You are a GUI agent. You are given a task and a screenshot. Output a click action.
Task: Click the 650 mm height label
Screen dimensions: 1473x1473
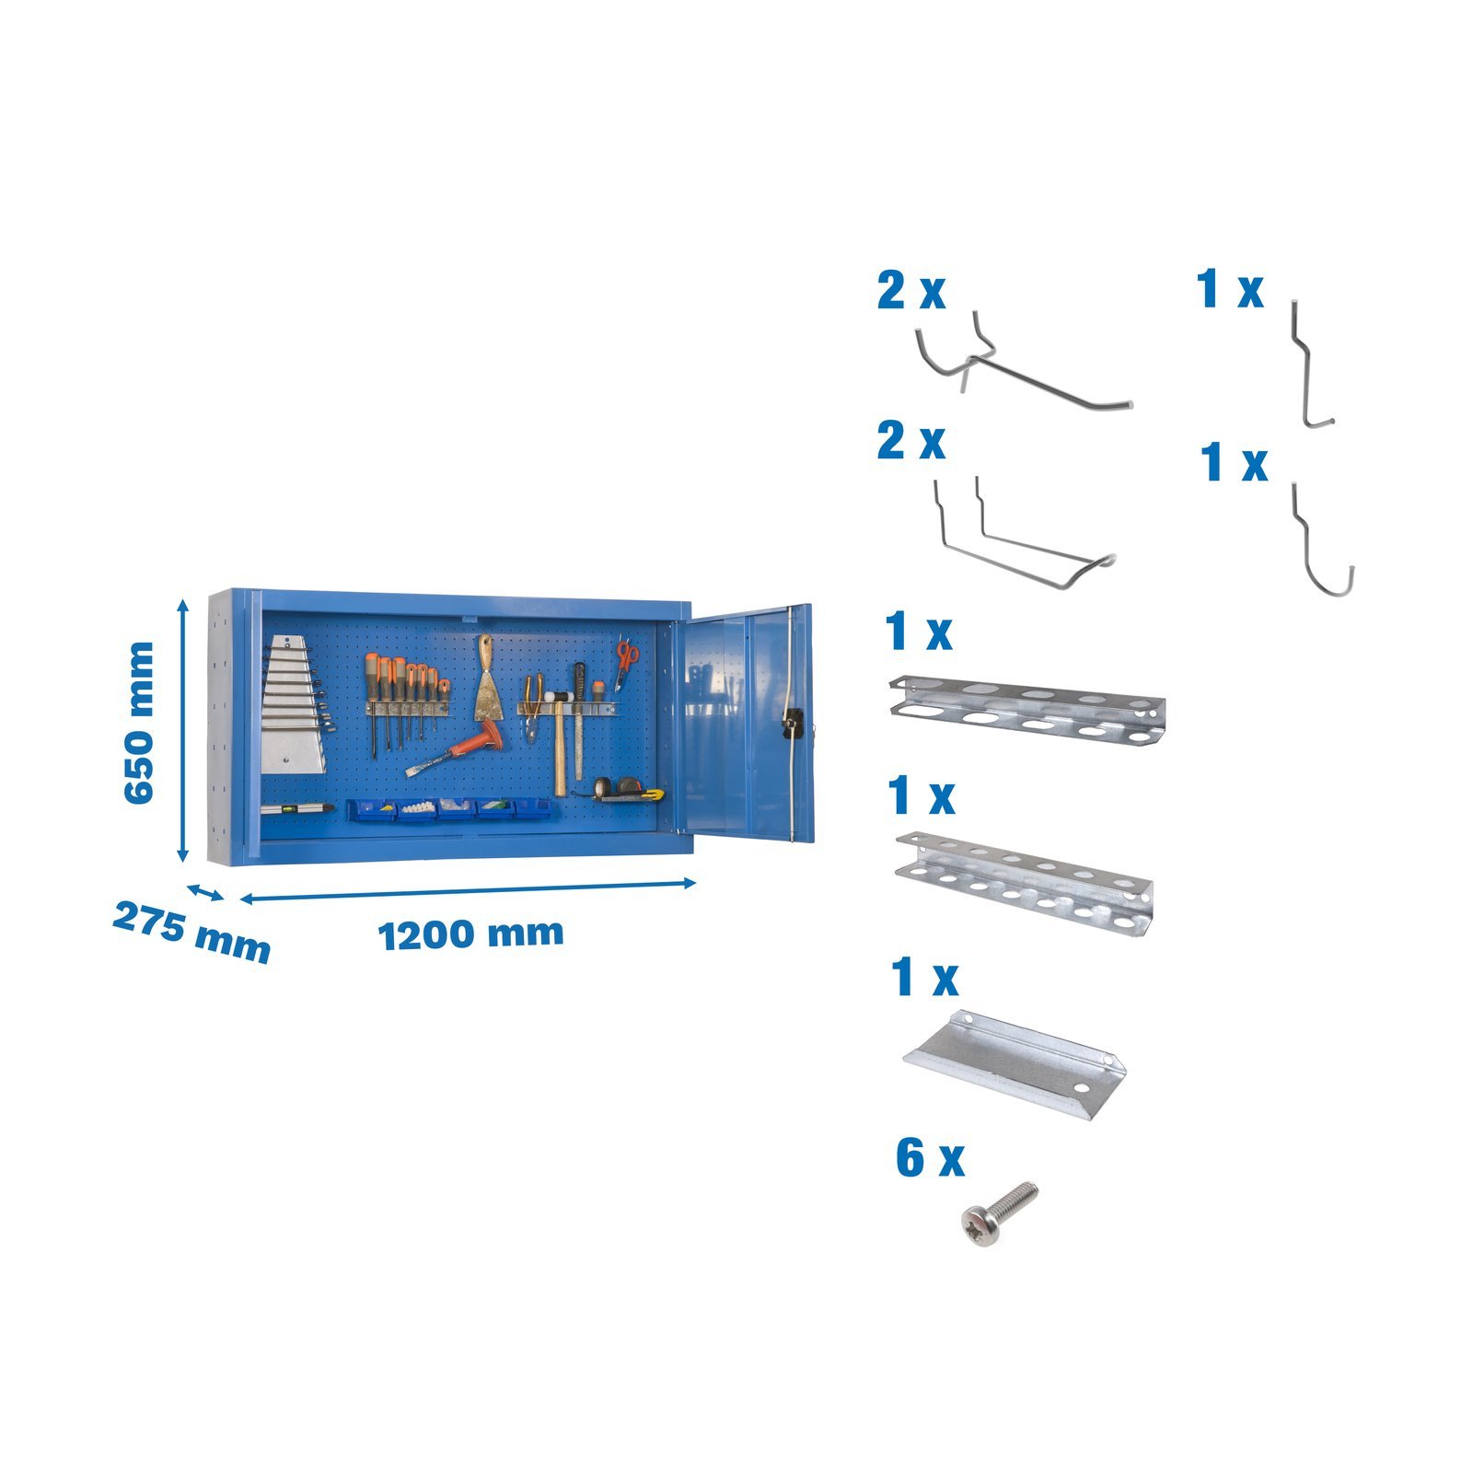pyautogui.click(x=139, y=723)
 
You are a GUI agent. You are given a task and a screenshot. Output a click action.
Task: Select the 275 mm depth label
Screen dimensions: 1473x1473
pyautogui.click(x=191, y=932)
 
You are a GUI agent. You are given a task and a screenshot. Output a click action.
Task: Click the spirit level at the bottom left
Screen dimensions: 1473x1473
pyautogui.click(x=296, y=808)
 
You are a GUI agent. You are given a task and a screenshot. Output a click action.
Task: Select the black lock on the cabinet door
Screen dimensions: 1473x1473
pyautogui.click(x=790, y=725)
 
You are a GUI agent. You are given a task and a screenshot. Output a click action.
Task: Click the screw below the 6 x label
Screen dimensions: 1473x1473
pyautogui.click(x=997, y=1214)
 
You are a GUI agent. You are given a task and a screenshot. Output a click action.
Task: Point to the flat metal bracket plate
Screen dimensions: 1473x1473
pyautogui.click(x=1014, y=1064)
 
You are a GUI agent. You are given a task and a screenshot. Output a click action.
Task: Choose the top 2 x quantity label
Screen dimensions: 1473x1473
pyautogui.click(x=910, y=291)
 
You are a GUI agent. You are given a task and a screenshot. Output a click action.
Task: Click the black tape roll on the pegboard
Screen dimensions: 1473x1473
pyautogui.click(x=602, y=787)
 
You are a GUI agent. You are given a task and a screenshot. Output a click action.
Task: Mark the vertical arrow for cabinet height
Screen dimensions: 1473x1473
pyautogui.click(x=182, y=730)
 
